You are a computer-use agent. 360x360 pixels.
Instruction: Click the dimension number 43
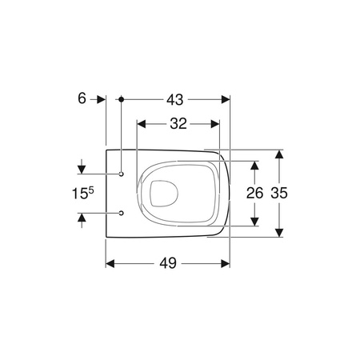pyautogui.click(x=175, y=99)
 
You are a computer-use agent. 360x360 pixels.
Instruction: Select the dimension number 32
pyautogui.click(x=178, y=124)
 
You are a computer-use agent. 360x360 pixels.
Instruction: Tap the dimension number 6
pyautogui.click(x=82, y=99)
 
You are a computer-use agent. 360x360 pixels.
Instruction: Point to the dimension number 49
pyautogui.click(x=168, y=262)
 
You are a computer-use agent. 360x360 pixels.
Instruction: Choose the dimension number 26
pyautogui.click(x=253, y=193)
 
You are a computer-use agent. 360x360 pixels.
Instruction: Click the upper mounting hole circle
pyautogui.click(x=121, y=174)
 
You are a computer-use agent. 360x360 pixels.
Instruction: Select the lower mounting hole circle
pyautogui.click(x=121, y=214)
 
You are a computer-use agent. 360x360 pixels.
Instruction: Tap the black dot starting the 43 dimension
pyautogui.click(x=121, y=99)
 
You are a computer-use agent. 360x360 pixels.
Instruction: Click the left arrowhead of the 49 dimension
pyautogui.click(x=111, y=262)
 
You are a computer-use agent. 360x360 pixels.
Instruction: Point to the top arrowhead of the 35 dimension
pyautogui.click(x=278, y=154)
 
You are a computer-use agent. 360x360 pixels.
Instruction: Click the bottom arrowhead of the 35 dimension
pyautogui.click(x=278, y=232)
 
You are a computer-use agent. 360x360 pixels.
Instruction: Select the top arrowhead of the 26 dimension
pyautogui.click(x=254, y=164)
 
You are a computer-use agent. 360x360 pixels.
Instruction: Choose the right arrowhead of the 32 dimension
pyautogui.click(x=214, y=124)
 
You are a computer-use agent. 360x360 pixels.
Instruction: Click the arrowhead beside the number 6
pyautogui.click(x=101, y=99)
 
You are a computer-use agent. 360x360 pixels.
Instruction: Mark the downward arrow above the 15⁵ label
pyautogui.click(x=81, y=169)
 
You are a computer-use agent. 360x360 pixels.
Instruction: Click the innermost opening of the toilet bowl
pyautogui.click(x=166, y=193)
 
